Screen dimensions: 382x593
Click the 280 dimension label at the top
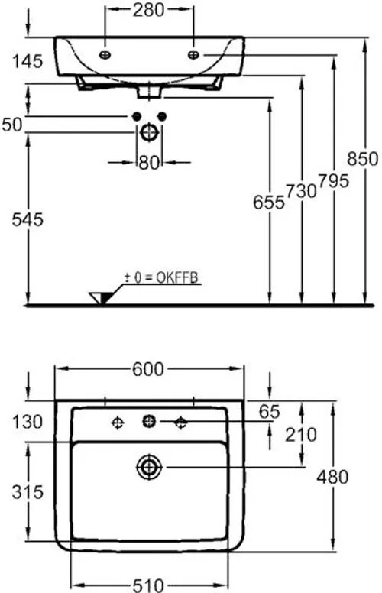click(x=149, y=10)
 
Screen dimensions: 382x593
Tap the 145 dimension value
click(x=28, y=61)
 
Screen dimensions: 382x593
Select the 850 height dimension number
click(x=363, y=158)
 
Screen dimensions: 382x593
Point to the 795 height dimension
click(x=333, y=181)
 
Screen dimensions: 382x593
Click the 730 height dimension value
click(x=301, y=191)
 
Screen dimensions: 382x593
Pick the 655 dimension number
click(x=268, y=203)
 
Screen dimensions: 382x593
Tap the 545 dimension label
click(x=28, y=220)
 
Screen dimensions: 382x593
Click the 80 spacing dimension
click(x=149, y=163)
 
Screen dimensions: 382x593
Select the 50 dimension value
click(x=12, y=125)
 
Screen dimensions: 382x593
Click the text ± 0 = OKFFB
click(x=162, y=278)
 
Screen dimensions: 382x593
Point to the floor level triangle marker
click(x=100, y=297)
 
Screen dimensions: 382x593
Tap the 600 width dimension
click(x=148, y=370)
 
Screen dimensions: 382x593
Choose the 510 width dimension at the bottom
click(x=148, y=585)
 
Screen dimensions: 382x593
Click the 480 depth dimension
click(x=332, y=478)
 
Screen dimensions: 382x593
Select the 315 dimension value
click(x=28, y=492)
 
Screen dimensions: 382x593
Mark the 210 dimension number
click(x=301, y=435)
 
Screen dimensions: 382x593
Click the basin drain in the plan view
click(x=149, y=468)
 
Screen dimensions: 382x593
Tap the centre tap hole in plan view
click(x=149, y=421)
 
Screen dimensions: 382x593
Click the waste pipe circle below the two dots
click(x=149, y=133)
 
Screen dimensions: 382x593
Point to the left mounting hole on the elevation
click(x=105, y=55)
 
